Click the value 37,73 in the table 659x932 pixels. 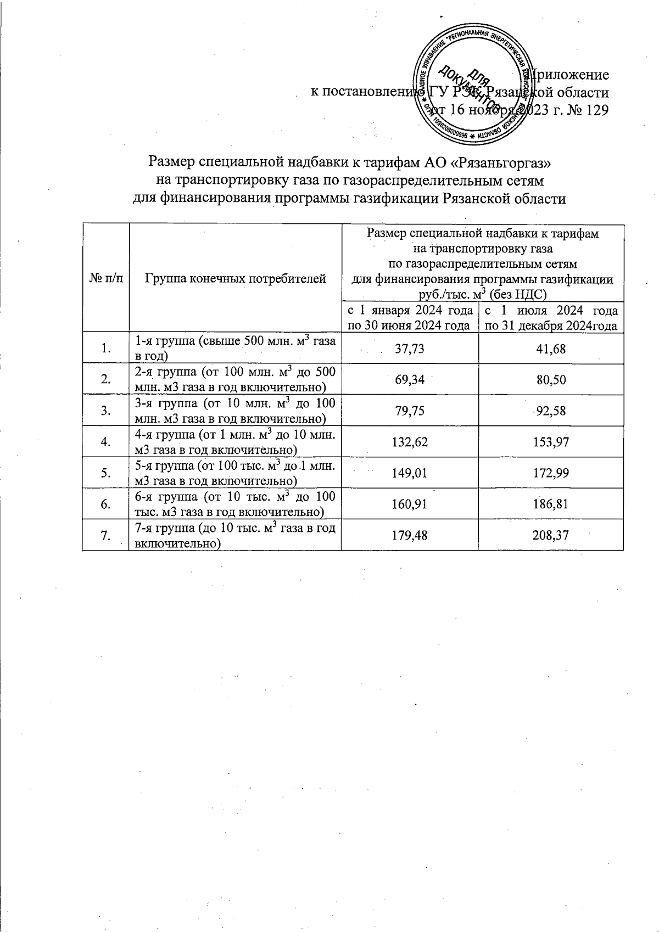tap(410, 350)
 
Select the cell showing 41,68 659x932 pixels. tap(551, 350)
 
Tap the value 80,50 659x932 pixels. tap(551, 380)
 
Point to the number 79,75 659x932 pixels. tap(410, 411)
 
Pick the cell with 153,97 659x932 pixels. tap(551, 442)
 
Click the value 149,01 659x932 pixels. tap(410, 473)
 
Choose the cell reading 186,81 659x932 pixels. tap(551, 504)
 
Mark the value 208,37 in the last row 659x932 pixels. tap(551, 535)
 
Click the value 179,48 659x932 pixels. tap(410, 535)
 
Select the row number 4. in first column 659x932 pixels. tap(105, 442)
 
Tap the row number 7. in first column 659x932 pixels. tap(105, 535)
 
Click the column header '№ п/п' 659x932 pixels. tap(105, 279)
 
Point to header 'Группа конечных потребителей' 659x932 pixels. tap(235, 279)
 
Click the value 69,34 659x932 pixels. tap(410, 380)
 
